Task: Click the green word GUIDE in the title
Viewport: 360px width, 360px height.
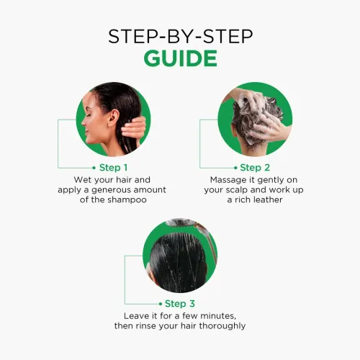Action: coord(181,58)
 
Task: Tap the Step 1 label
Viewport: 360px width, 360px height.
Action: coord(113,168)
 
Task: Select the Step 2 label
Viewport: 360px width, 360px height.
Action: coord(255,168)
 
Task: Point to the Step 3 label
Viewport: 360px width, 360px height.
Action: coord(180,304)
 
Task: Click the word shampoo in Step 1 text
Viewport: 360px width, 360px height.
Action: coord(126,200)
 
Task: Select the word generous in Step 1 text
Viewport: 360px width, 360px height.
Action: coord(109,190)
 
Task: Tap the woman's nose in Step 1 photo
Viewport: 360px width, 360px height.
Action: coord(84,122)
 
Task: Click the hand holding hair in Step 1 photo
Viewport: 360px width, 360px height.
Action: coord(134,128)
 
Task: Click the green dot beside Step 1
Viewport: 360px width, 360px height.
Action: coord(94,168)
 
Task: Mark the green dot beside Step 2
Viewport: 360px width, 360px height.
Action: coord(235,168)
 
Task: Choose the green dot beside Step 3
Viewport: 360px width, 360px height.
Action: coord(161,304)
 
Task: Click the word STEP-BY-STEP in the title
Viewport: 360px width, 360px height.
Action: coord(181,37)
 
